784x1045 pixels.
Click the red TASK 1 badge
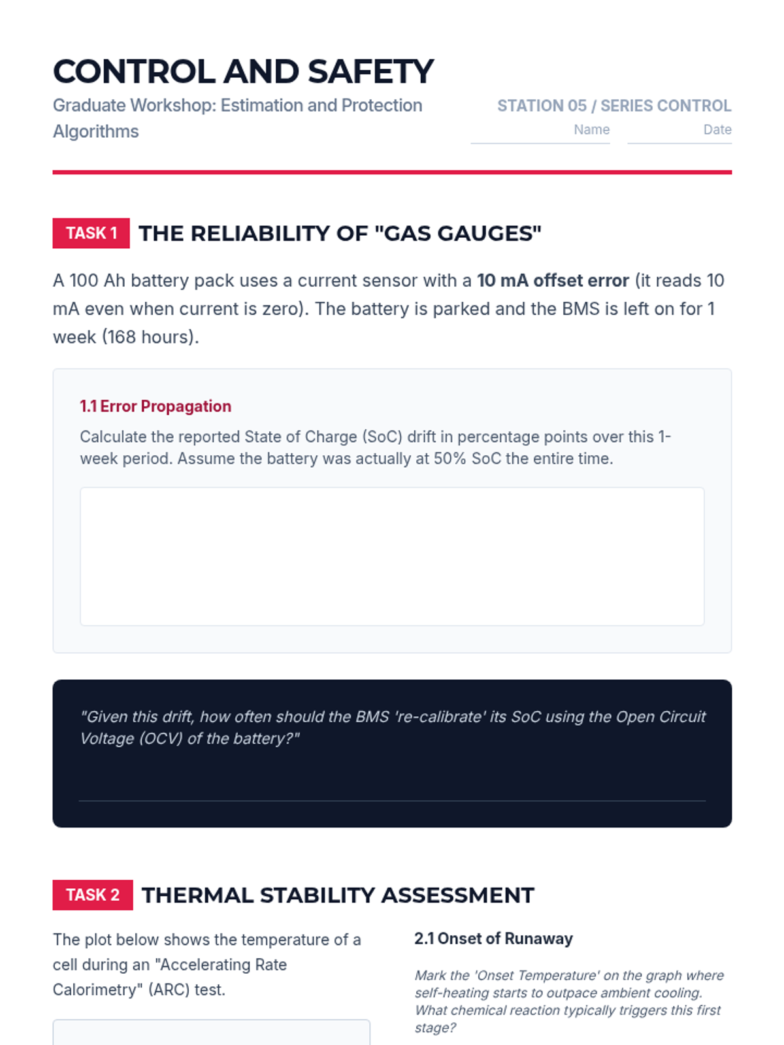click(x=91, y=233)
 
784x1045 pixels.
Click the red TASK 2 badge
click(x=92, y=895)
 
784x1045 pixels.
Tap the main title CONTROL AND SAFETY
click(x=243, y=72)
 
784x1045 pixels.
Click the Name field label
click(x=591, y=129)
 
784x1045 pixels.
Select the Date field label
click(x=717, y=129)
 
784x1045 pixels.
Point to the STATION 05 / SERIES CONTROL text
click(x=613, y=106)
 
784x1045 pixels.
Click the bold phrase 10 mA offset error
click(x=553, y=280)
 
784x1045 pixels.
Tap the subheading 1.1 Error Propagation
click(x=155, y=406)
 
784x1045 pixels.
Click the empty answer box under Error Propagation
click(x=392, y=556)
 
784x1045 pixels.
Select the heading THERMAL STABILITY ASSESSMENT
click(x=338, y=895)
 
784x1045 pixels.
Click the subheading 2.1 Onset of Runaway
click(x=493, y=939)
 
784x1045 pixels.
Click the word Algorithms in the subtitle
click(x=96, y=131)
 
